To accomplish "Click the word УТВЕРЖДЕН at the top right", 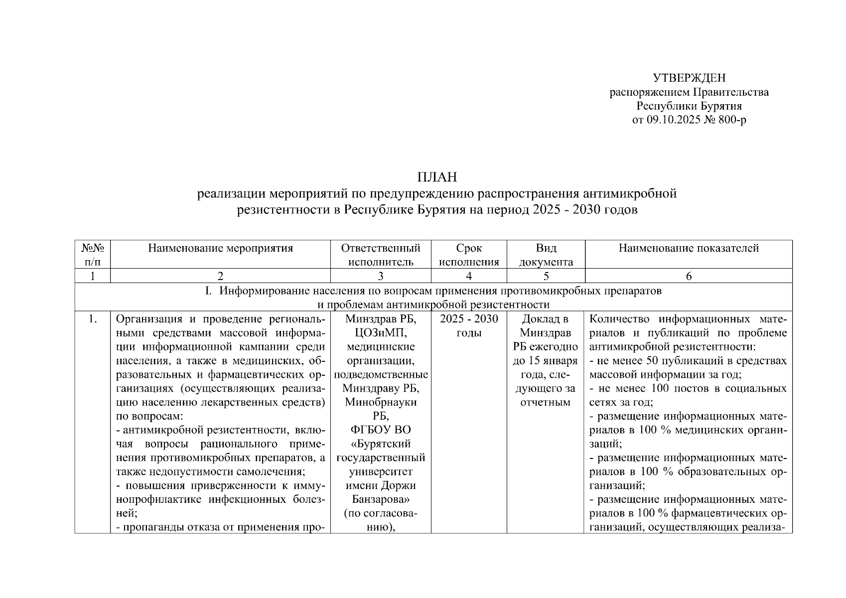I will (690, 78).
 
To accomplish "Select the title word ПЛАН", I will (437, 177).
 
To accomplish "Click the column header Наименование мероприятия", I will (220, 248).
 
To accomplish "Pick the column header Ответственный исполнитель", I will (381, 255).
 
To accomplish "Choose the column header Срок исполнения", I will (469, 255).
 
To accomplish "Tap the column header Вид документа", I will (546, 255).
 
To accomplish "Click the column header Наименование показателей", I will (689, 248).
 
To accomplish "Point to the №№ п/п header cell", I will (92, 255).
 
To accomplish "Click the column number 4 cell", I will (469, 276).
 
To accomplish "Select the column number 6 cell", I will (689, 276).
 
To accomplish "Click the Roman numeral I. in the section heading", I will (209, 291).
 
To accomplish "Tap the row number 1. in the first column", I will (92, 319).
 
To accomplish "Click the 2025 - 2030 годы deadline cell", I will (469, 326).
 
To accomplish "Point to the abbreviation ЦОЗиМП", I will (381, 333).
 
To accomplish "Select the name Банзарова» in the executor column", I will (381, 499).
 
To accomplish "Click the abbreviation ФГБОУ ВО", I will (381, 430).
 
